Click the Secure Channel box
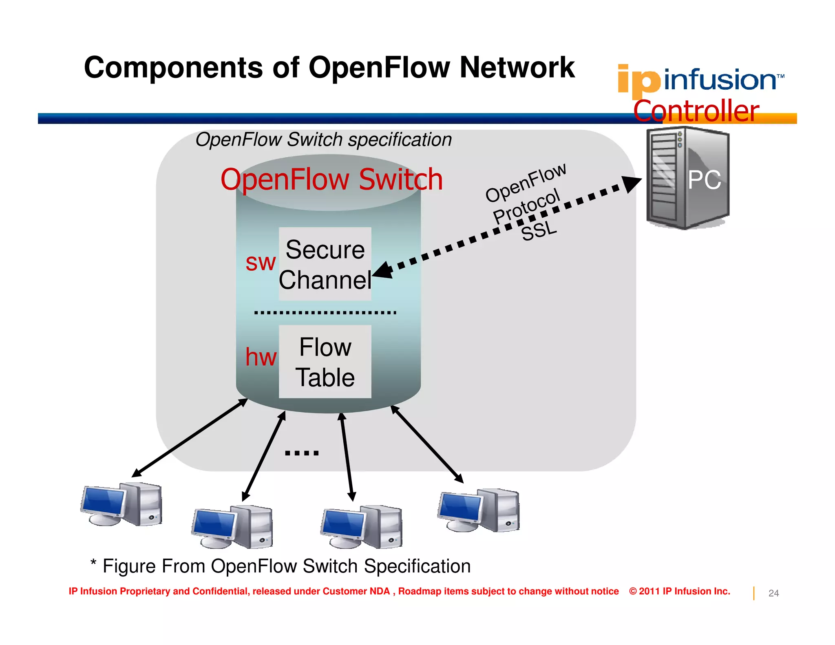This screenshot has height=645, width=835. (x=325, y=264)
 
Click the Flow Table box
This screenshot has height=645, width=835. (x=325, y=361)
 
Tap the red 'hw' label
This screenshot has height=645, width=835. (x=261, y=357)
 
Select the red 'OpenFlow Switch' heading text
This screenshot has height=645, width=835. (x=331, y=179)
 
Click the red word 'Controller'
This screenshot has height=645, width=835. (x=696, y=111)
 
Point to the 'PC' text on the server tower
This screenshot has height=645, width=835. (x=704, y=180)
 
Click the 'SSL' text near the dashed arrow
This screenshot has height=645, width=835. (x=539, y=231)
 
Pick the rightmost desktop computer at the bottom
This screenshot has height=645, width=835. (x=479, y=510)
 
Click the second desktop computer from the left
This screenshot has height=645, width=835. (x=232, y=527)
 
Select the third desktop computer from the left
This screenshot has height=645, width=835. (x=361, y=527)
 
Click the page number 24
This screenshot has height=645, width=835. (x=773, y=593)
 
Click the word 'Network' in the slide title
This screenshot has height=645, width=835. (x=517, y=68)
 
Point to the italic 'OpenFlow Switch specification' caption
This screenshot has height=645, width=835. (x=323, y=140)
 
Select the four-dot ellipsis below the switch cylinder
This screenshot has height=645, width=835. (x=302, y=453)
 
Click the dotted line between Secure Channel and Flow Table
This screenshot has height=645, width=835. (x=325, y=313)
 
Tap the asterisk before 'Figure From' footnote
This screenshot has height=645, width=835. (x=93, y=563)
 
